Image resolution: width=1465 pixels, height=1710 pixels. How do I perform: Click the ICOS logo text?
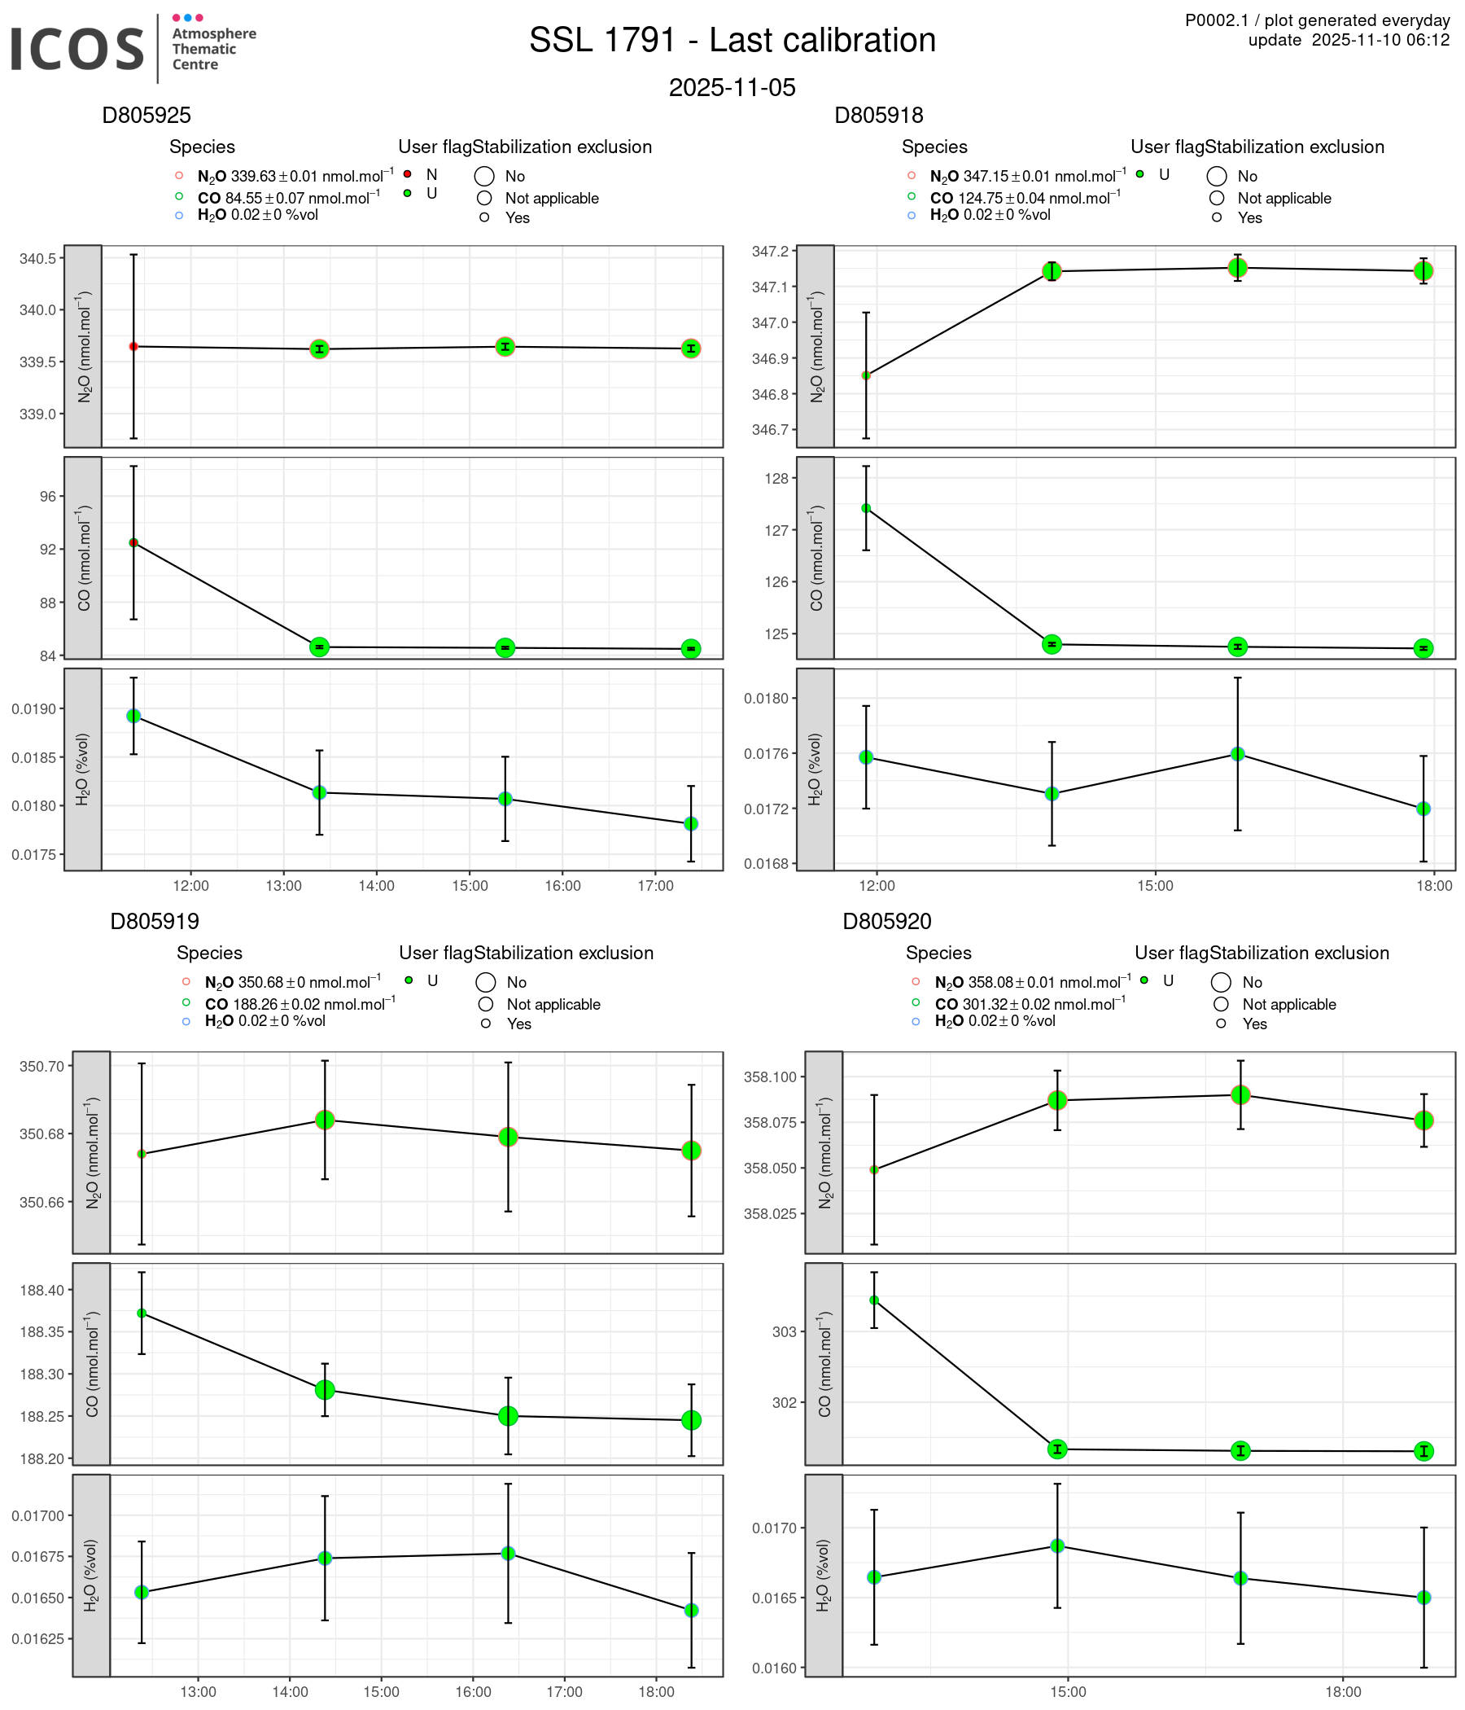[x=78, y=48]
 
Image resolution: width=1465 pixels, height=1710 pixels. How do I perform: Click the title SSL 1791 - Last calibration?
[x=732, y=41]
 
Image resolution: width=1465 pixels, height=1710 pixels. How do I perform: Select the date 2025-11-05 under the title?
[x=732, y=87]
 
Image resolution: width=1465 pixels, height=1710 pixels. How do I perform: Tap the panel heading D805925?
[x=146, y=116]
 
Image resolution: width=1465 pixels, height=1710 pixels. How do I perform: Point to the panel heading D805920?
[x=887, y=921]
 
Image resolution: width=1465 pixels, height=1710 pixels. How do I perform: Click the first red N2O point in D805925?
[x=133, y=347]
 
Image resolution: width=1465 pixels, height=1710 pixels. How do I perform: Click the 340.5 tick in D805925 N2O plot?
[x=38, y=259]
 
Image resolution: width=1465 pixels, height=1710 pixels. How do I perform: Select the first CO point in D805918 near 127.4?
[x=866, y=508]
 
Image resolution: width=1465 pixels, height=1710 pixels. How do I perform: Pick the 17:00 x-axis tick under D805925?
[x=656, y=887]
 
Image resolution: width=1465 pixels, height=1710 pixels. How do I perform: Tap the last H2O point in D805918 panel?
[x=1423, y=809]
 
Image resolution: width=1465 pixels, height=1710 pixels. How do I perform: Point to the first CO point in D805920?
[x=874, y=1300]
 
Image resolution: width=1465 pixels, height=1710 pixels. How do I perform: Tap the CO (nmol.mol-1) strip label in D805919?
[x=91, y=1364]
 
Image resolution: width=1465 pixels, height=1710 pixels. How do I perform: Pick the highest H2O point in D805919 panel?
[x=508, y=1553]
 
